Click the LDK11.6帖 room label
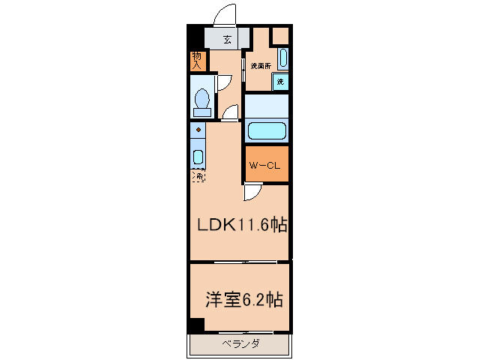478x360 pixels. coord(243,224)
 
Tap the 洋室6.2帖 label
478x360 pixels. coord(243,300)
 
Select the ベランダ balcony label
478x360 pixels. coord(240,344)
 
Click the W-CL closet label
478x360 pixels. coord(266,166)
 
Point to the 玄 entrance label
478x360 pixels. coord(227,40)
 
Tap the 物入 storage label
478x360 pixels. coord(196,61)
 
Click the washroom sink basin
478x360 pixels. coord(282,58)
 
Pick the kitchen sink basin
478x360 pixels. coord(198,157)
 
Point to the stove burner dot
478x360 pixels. coord(198,130)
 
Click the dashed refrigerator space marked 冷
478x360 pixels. coord(198,176)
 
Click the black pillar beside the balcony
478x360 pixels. coord(196,325)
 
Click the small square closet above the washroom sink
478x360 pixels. coord(279,36)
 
